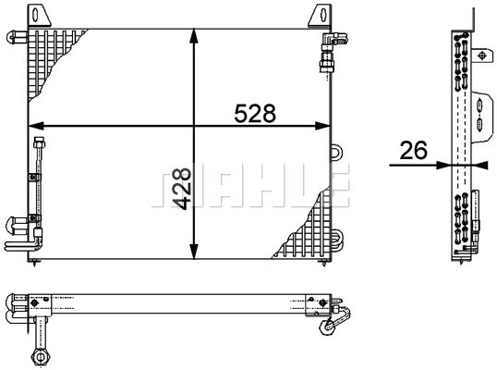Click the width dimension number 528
(x=255, y=113)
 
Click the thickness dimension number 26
(x=413, y=151)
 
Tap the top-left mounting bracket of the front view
(x=40, y=15)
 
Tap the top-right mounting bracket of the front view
(x=320, y=15)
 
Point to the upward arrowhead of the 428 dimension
(x=194, y=35)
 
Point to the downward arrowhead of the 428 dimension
(x=194, y=252)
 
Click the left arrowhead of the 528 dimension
(x=36, y=126)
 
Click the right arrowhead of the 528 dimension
(x=323, y=126)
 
